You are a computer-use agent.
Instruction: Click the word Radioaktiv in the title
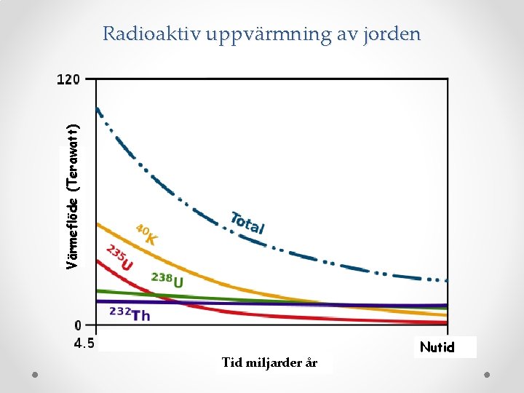click(x=151, y=33)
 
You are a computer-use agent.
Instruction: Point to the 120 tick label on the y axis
click(x=68, y=79)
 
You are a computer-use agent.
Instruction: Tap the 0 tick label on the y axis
click(x=78, y=325)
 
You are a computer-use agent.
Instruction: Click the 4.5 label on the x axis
click(x=84, y=344)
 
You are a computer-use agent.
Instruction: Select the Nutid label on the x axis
click(x=437, y=347)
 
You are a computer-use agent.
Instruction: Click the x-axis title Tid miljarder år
click(x=269, y=362)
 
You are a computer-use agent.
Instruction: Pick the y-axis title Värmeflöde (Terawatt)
click(x=72, y=196)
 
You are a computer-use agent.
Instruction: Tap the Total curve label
click(x=247, y=223)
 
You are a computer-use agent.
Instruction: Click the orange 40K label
click(x=146, y=234)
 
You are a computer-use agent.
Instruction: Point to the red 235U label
click(x=119, y=258)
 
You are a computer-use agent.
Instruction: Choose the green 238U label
click(x=167, y=280)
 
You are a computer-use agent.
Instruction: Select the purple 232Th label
click(x=130, y=314)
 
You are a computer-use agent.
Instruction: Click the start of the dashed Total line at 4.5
click(x=97, y=108)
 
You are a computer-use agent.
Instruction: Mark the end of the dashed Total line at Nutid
click(x=447, y=281)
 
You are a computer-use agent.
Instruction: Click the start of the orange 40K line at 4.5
click(x=97, y=224)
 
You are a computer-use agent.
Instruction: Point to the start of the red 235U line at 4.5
click(x=97, y=261)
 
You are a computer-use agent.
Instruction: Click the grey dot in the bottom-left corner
click(x=35, y=375)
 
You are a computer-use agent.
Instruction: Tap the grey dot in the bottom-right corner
click(x=487, y=375)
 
